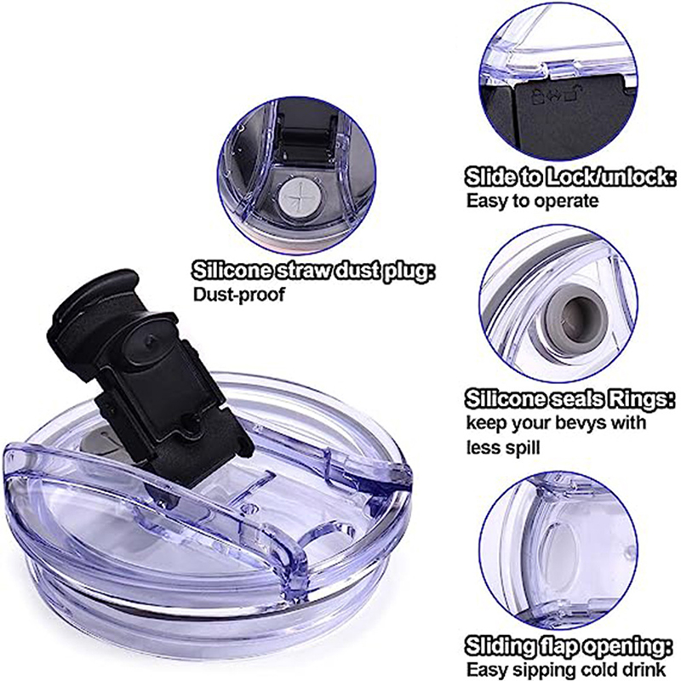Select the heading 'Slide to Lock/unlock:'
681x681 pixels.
[569, 179]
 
